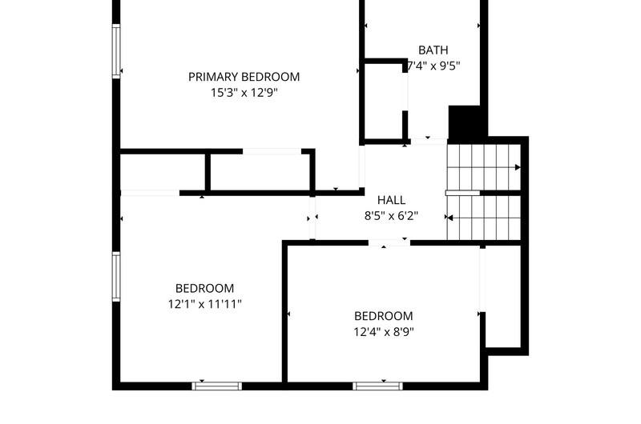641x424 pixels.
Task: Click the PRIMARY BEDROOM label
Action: pyautogui.click(x=244, y=77)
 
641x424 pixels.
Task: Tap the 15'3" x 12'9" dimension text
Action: pyautogui.click(x=244, y=93)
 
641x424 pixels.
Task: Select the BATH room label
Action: pyautogui.click(x=433, y=50)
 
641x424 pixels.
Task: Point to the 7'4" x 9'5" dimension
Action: pyautogui.click(x=433, y=66)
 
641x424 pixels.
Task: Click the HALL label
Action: pyautogui.click(x=391, y=200)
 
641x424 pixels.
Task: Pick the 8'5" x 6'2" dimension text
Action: pyautogui.click(x=391, y=215)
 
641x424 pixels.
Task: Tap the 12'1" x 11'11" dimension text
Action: pyautogui.click(x=205, y=304)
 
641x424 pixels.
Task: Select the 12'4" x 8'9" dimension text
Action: pyautogui.click(x=384, y=332)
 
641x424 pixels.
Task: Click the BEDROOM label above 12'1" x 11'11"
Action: pyautogui.click(x=205, y=288)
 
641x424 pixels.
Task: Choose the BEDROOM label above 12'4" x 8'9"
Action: pyautogui.click(x=384, y=316)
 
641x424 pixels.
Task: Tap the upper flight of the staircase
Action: pyautogui.click(x=484, y=167)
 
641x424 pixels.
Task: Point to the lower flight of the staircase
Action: pyautogui.click(x=484, y=218)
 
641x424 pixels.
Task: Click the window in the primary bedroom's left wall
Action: pyautogui.click(x=116, y=51)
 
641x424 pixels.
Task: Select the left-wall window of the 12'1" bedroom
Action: pyautogui.click(x=116, y=276)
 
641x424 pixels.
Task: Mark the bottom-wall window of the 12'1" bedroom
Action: pyautogui.click(x=216, y=386)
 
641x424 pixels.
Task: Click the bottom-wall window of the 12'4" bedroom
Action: pyautogui.click(x=377, y=386)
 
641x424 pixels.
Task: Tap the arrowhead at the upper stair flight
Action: pyautogui.click(x=518, y=167)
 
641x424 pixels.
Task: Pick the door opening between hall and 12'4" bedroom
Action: pyautogui.click(x=389, y=243)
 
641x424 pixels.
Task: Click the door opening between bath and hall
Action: pyautogui.click(x=429, y=141)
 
